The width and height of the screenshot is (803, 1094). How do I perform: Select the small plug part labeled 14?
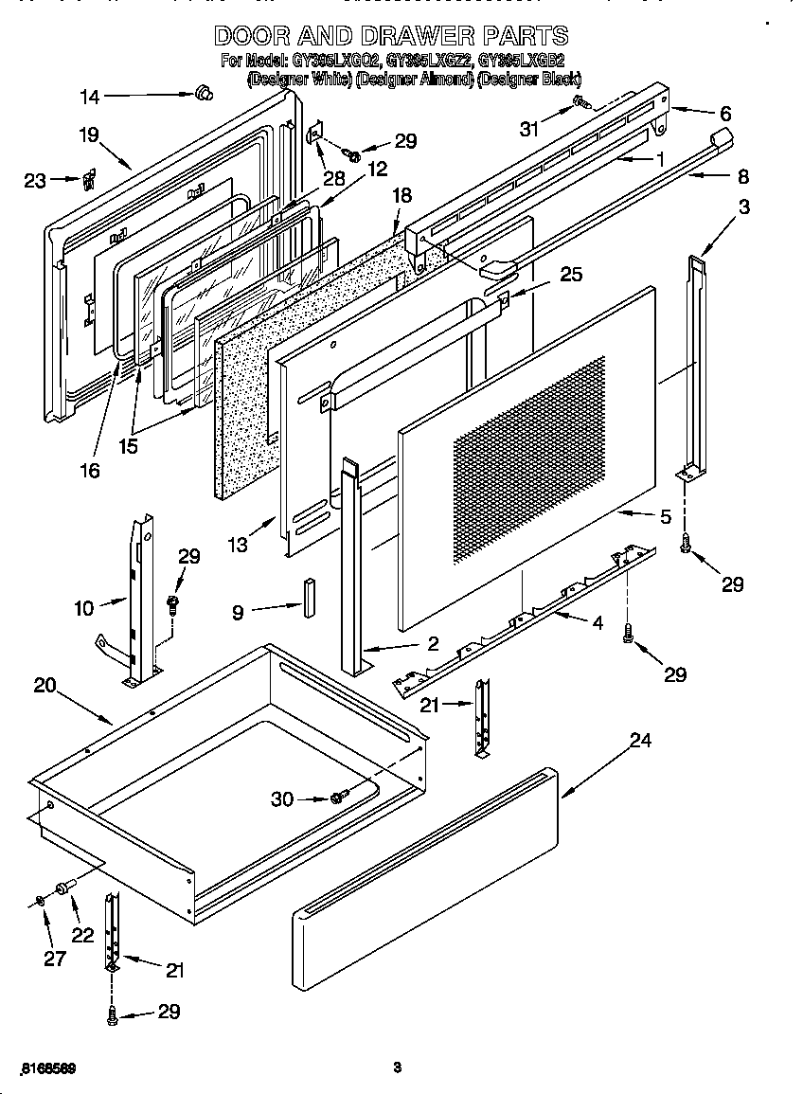coord(201,92)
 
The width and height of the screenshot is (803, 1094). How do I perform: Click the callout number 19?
coord(88,135)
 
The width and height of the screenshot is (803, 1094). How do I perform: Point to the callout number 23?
coord(35,180)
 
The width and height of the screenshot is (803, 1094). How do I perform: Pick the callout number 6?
coord(725,114)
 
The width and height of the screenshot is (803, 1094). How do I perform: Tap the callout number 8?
coord(742,176)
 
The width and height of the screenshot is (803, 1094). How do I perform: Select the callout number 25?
coord(570,275)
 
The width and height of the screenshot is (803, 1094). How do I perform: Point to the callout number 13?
coord(237,544)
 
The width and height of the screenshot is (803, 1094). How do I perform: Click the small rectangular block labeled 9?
coord(308,594)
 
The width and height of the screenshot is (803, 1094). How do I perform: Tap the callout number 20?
coord(45,685)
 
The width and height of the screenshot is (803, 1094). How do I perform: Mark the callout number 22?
coord(83,934)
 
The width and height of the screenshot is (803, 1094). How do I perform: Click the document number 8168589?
coord(46,1067)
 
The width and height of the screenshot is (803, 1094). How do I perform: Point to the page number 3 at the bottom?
coord(398,1067)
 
